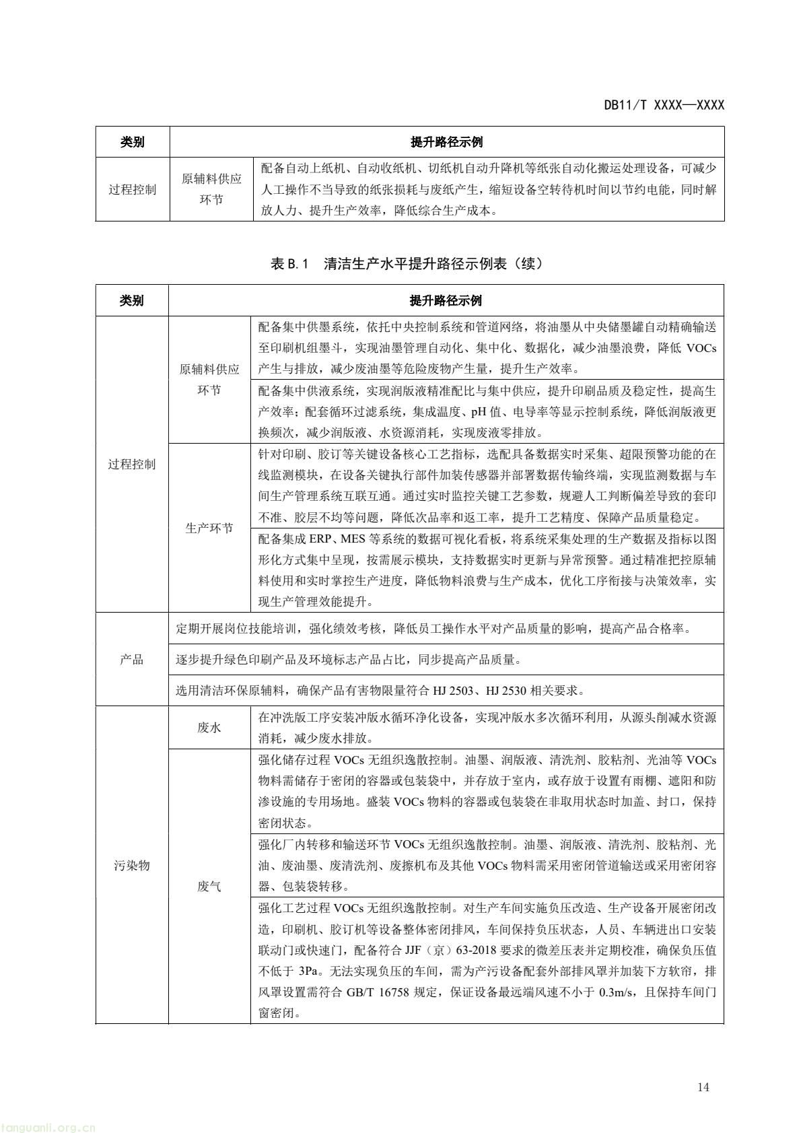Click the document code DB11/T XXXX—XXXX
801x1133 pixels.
click(x=664, y=105)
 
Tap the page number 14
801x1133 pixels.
click(x=703, y=1087)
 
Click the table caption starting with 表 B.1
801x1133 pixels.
click(x=407, y=264)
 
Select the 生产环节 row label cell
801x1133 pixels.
click(x=209, y=528)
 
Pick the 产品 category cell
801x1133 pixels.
click(x=132, y=659)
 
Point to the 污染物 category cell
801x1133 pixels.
click(x=132, y=865)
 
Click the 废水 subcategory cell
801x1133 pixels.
click(x=209, y=728)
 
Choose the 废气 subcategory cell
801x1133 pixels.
click(x=209, y=887)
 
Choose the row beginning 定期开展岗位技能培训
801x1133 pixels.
click(x=434, y=629)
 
